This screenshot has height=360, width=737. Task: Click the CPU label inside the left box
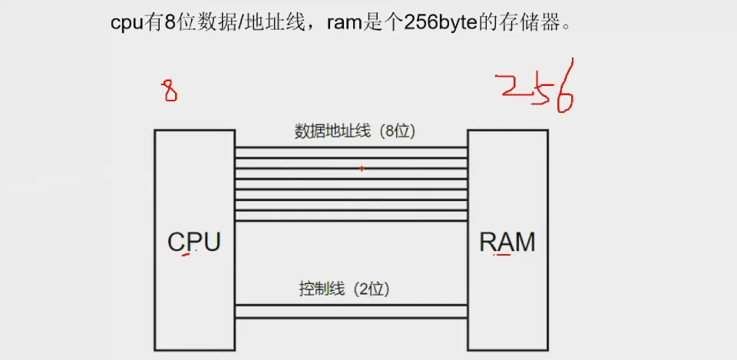(x=194, y=242)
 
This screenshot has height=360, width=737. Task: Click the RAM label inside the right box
(x=507, y=242)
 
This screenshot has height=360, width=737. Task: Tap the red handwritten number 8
(x=169, y=91)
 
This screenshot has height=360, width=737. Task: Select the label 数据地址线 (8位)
(x=355, y=131)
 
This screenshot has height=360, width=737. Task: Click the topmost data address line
(x=351, y=147)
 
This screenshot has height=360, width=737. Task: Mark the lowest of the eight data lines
(x=351, y=221)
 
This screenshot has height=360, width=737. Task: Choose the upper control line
(x=351, y=305)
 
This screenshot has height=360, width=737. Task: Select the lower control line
(x=351, y=318)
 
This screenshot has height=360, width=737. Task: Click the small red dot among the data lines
(x=362, y=168)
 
